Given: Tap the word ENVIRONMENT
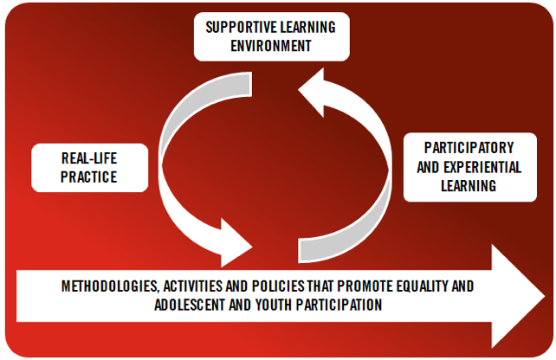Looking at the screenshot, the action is pos(271,46).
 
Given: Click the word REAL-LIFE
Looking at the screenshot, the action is pos(89,158).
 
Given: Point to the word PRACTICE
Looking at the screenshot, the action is pos(88,177).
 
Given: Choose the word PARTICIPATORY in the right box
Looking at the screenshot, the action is pos(469,148).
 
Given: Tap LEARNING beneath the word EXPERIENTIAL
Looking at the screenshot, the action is pos(469,186).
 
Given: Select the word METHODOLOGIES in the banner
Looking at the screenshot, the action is pos(110,286).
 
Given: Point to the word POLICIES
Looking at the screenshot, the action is pos(278,286).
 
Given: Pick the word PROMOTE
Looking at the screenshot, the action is pos(365,286).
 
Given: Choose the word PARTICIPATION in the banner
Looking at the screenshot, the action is pos(339,305).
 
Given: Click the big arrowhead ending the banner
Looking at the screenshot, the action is pos(518,296).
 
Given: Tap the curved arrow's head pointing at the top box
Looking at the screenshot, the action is pos(312,92).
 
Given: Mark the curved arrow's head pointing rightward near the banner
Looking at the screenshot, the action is pos(236,244).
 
